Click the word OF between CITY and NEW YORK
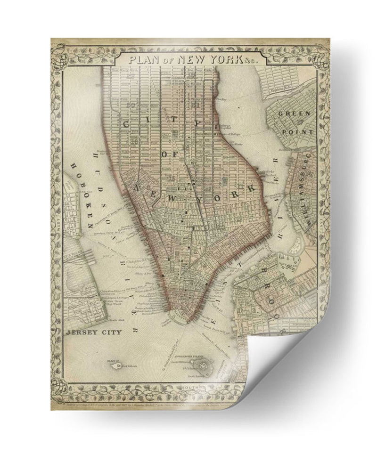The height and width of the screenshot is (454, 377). click(169, 155)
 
